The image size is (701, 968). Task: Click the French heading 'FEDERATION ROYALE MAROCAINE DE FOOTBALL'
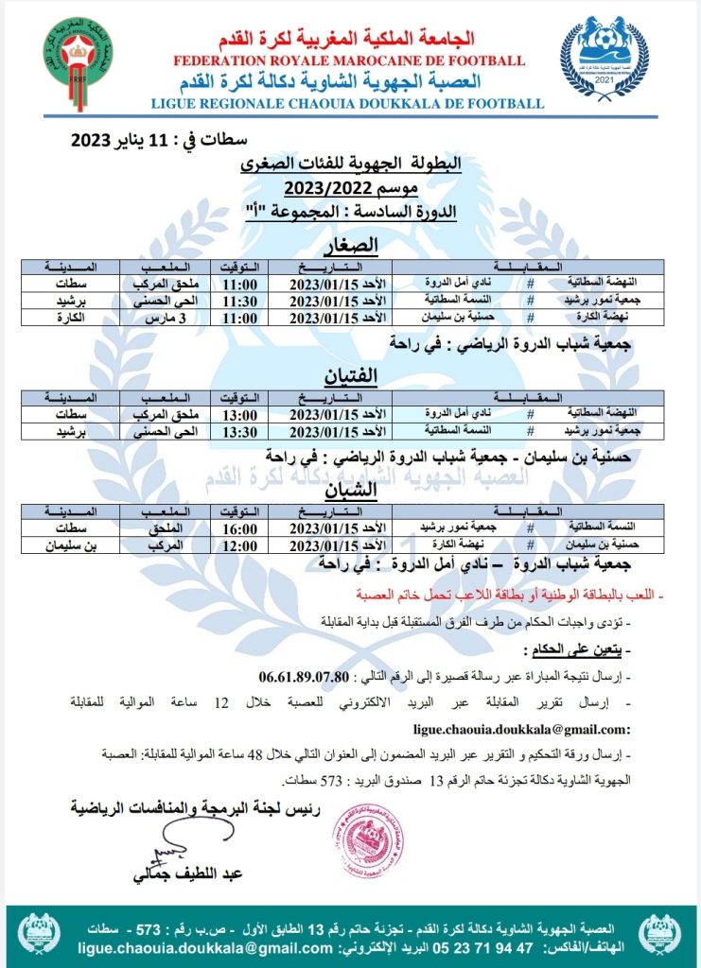(x=348, y=61)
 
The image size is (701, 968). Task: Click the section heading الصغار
(x=351, y=248)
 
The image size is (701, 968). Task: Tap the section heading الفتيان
(x=351, y=376)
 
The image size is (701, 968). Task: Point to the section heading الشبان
(x=351, y=490)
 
